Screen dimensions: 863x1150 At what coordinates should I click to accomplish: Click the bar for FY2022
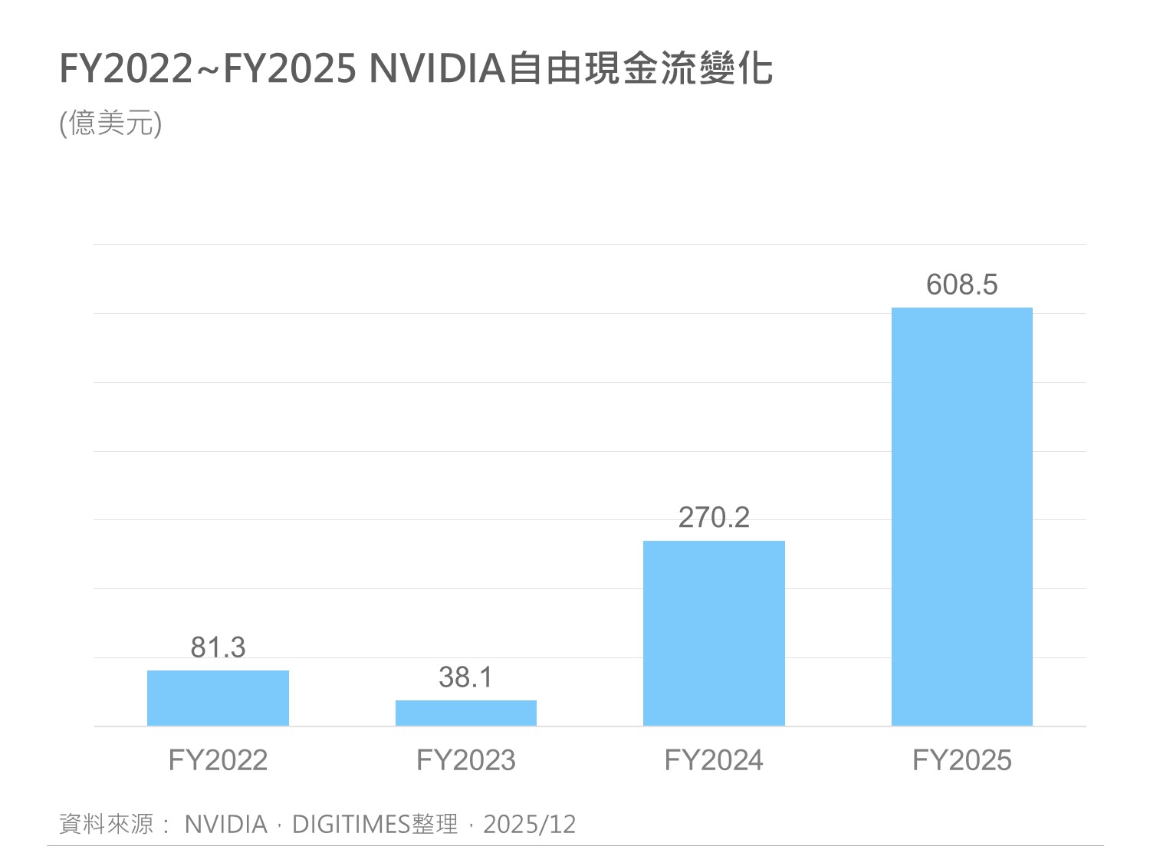(218, 698)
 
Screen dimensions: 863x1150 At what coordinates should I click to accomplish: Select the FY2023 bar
(466, 713)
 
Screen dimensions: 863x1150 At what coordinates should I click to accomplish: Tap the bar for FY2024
(714, 633)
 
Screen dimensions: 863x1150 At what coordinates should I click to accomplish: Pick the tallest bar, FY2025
(962, 516)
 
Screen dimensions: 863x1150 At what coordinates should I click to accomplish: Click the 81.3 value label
(218, 647)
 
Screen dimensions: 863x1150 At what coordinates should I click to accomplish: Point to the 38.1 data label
(466, 677)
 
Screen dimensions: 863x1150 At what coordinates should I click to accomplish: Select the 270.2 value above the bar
(714, 518)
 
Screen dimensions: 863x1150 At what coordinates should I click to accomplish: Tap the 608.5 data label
(962, 285)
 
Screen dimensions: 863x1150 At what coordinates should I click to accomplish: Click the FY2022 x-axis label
(218, 760)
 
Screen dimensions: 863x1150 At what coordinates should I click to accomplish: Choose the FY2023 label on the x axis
(466, 760)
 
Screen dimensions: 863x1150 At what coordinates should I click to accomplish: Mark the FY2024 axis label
(714, 760)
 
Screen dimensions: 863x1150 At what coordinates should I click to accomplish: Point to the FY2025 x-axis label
(962, 760)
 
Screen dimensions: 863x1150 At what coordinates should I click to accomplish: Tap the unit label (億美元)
(110, 123)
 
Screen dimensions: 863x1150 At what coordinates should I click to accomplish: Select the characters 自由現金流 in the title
(603, 68)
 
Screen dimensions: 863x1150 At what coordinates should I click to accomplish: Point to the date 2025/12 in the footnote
(529, 824)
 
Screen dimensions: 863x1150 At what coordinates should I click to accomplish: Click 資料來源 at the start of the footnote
(107, 824)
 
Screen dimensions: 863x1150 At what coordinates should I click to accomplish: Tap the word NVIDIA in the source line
(226, 824)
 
